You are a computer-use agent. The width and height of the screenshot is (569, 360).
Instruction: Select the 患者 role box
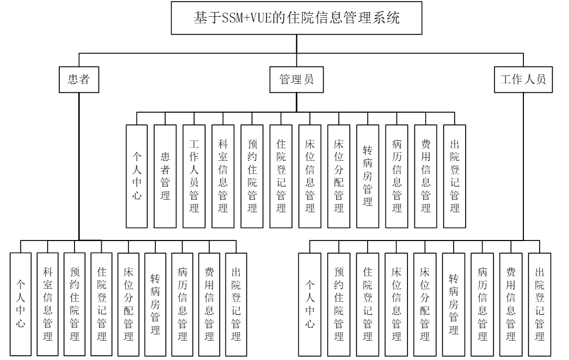(78, 81)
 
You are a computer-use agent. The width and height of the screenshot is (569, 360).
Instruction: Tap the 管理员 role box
(296, 81)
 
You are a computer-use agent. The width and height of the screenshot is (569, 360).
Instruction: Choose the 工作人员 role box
(523, 81)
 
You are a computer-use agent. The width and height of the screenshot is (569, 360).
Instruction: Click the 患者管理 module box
(165, 176)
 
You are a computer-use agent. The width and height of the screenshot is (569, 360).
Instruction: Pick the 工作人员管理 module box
(194, 176)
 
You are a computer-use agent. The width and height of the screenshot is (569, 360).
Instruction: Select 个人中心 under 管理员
(136, 176)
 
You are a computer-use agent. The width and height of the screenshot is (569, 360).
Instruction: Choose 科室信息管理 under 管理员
(222, 176)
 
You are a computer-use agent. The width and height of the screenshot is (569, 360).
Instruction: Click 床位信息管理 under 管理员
(309, 176)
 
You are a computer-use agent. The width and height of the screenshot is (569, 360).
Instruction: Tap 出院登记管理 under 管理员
(454, 176)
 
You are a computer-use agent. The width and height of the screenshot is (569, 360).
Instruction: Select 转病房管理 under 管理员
(367, 176)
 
